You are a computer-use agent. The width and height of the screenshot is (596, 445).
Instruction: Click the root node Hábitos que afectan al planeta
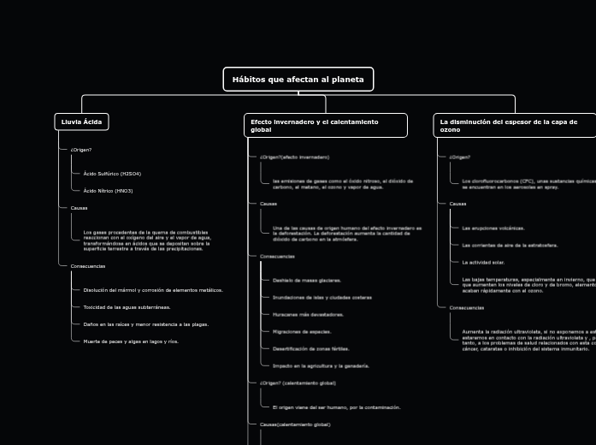tap(298, 80)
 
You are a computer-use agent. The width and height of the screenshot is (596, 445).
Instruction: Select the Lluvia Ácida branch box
tap(81, 122)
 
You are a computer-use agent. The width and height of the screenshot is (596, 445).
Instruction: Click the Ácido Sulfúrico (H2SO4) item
tap(112, 174)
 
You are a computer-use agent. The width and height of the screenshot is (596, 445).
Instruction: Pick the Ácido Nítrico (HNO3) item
tap(108, 191)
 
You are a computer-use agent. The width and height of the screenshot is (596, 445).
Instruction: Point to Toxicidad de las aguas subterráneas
tap(127, 306)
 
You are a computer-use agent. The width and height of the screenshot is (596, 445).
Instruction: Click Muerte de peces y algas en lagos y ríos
tap(131, 341)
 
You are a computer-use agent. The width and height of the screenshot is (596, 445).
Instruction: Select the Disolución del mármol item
tap(153, 289)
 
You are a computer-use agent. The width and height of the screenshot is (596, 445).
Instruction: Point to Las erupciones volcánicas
tap(493, 228)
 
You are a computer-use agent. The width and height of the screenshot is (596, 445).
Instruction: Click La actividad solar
tap(483, 263)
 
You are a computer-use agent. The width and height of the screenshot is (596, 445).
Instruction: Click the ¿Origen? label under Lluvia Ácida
tap(80, 150)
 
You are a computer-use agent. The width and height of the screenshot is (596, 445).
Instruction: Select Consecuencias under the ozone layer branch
tap(467, 307)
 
